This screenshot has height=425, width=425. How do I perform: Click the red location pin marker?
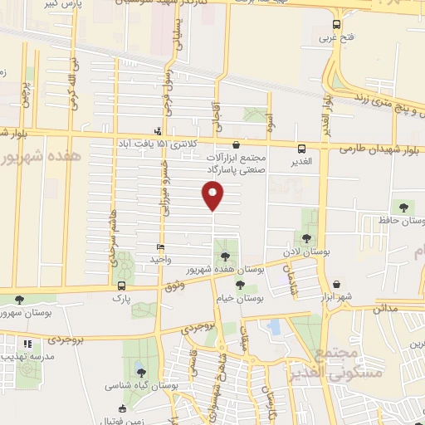213,196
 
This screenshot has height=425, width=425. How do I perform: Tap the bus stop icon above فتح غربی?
335,25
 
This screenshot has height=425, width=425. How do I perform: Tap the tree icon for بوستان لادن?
307,239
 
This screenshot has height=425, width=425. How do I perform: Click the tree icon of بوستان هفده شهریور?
227,255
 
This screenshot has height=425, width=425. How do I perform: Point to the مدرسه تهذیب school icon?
27,344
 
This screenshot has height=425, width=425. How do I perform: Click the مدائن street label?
385,308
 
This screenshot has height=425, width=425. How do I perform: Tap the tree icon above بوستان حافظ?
403,207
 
